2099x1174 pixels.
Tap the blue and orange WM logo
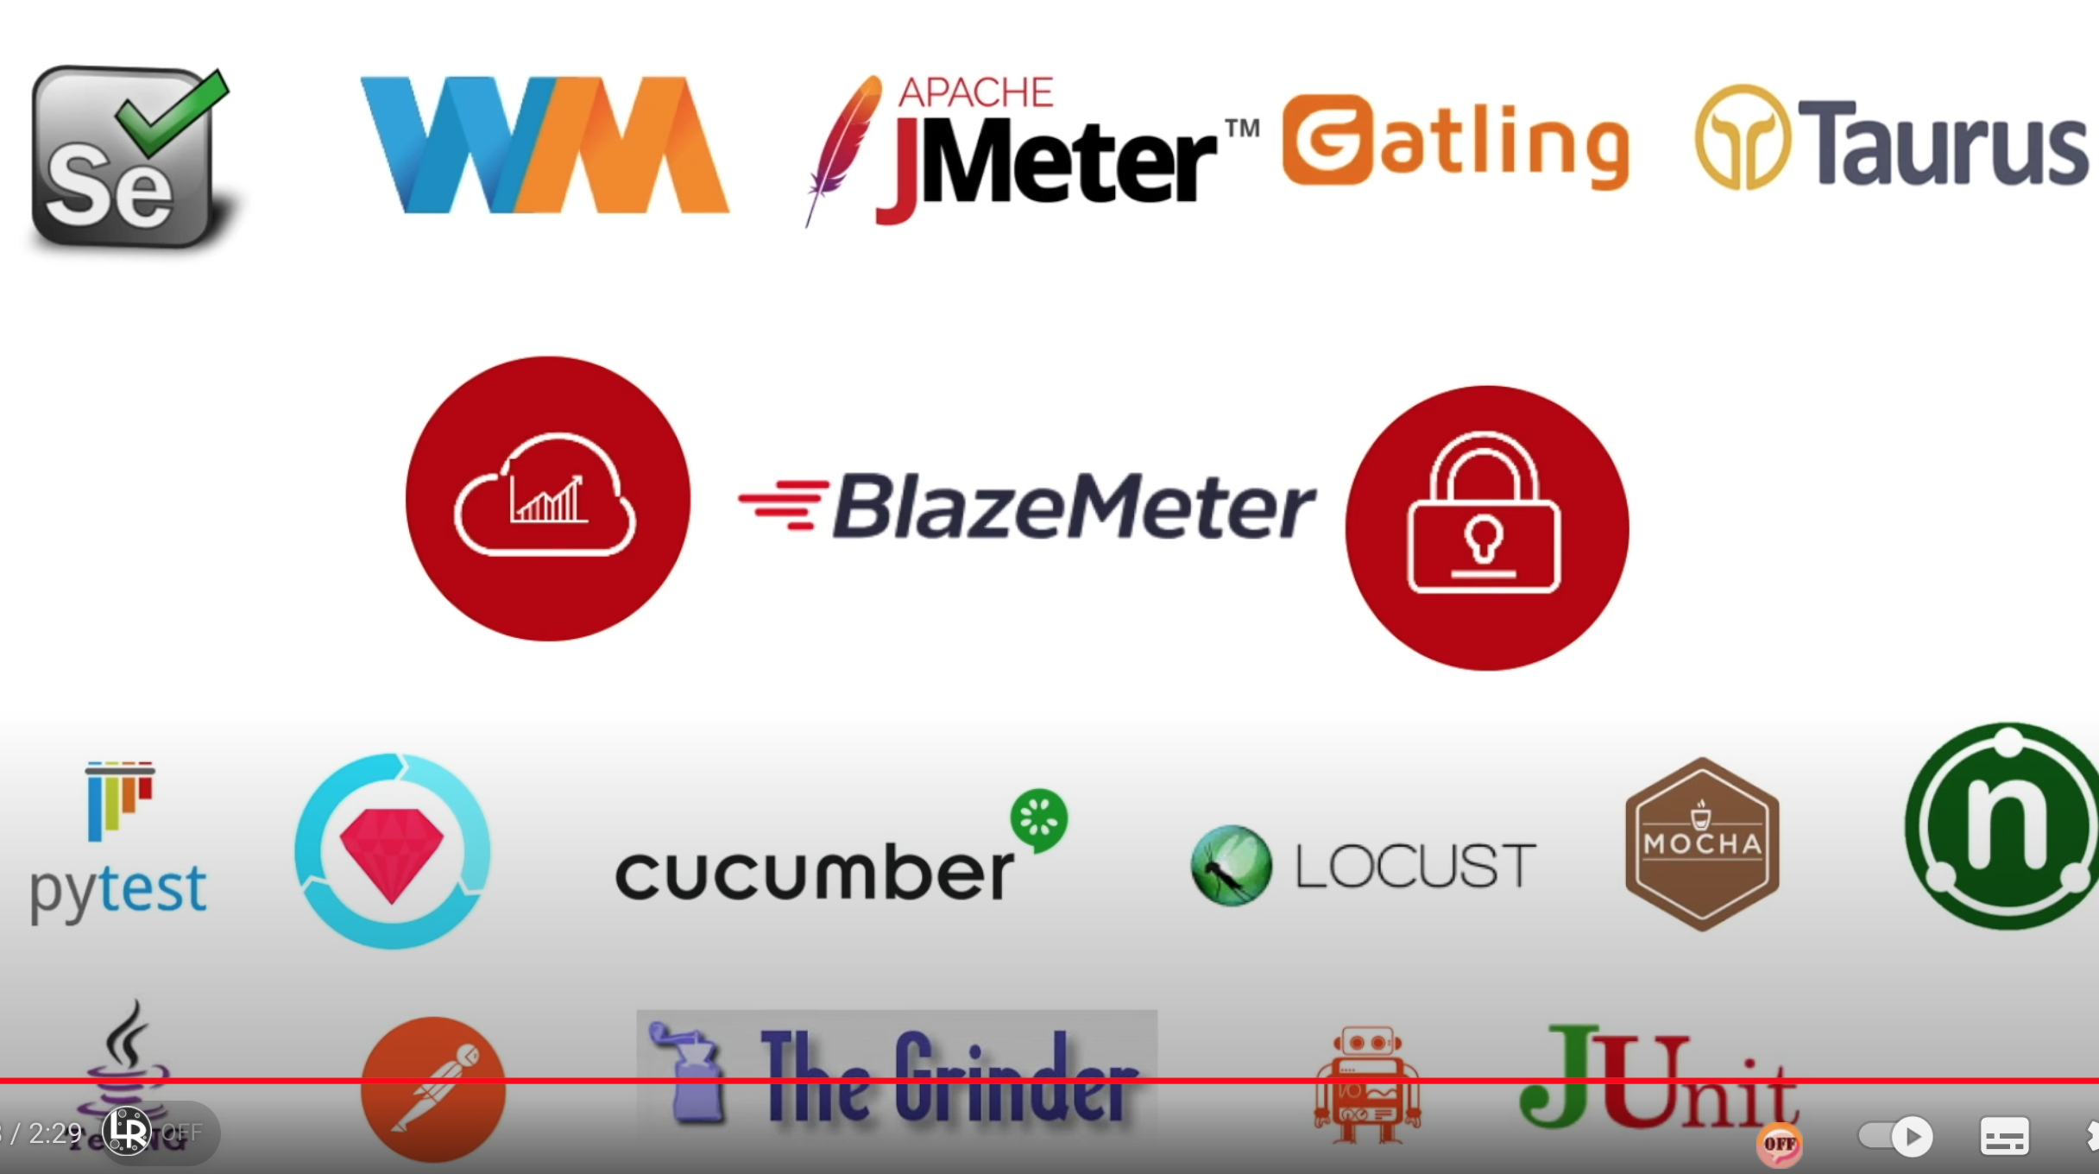click(x=544, y=145)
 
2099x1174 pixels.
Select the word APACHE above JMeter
click(x=975, y=92)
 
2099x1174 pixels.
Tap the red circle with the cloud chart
click(x=548, y=499)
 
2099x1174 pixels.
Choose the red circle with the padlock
click(x=1486, y=528)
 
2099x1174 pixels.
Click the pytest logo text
click(x=118, y=889)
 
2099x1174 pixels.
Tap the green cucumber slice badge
click(x=1039, y=819)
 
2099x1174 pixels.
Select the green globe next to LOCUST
click(x=1231, y=865)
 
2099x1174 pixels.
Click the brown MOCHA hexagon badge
click(x=1702, y=843)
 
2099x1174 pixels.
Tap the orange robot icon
click(x=1367, y=1082)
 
